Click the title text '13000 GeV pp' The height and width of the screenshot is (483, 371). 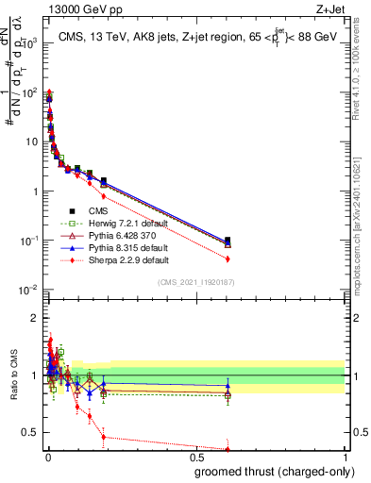point(76,8)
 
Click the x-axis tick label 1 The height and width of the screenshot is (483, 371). point(346,457)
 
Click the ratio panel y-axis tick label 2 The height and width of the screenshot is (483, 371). point(34,318)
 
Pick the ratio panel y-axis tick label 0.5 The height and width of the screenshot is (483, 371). point(30,432)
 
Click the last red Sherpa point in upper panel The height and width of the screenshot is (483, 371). point(228,258)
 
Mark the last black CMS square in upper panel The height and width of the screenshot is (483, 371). point(228,241)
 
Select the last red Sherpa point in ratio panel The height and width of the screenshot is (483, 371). point(228,449)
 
